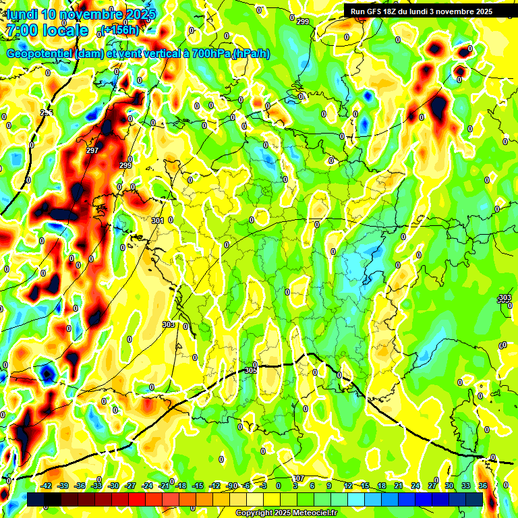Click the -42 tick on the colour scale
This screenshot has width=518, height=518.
[x=47, y=486]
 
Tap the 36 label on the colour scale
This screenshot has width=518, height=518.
[x=482, y=486]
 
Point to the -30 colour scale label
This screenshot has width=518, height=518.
[x=114, y=486]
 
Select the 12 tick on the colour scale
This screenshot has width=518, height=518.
[x=347, y=486]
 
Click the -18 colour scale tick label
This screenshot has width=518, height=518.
[x=181, y=486]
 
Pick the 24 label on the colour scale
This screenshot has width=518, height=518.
[x=415, y=486]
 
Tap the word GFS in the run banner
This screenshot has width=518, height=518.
[x=379, y=11]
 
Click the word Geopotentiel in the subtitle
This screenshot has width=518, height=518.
[x=38, y=53]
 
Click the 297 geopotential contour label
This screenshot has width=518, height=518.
[x=92, y=150]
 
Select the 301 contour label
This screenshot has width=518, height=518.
[x=159, y=221]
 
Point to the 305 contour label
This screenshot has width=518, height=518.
[x=251, y=370]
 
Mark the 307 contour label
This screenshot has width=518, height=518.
[x=299, y=478]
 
